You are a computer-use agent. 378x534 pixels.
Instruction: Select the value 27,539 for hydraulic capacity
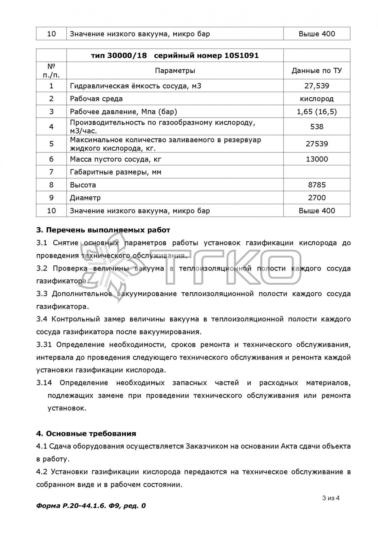point(317,86)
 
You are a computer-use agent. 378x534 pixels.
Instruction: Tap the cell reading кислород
point(317,99)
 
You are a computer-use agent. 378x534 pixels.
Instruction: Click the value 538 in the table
point(317,127)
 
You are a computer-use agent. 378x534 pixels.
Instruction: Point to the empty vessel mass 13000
point(317,159)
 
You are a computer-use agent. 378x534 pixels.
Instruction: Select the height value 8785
point(317,185)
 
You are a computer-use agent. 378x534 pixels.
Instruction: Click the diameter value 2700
point(317,198)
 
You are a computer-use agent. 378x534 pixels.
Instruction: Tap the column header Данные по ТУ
point(317,71)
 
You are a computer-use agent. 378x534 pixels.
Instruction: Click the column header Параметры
point(175,71)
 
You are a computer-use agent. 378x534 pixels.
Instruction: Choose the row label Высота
point(83,185)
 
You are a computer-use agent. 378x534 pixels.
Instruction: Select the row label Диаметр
point(85,198)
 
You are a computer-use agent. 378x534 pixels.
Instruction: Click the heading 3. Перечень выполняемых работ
point(103,230)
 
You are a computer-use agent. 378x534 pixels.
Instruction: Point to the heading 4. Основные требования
point(86,434)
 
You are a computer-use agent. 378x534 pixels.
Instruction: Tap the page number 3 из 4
point(330,498)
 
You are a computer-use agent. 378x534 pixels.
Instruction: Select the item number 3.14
point(44,383)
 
